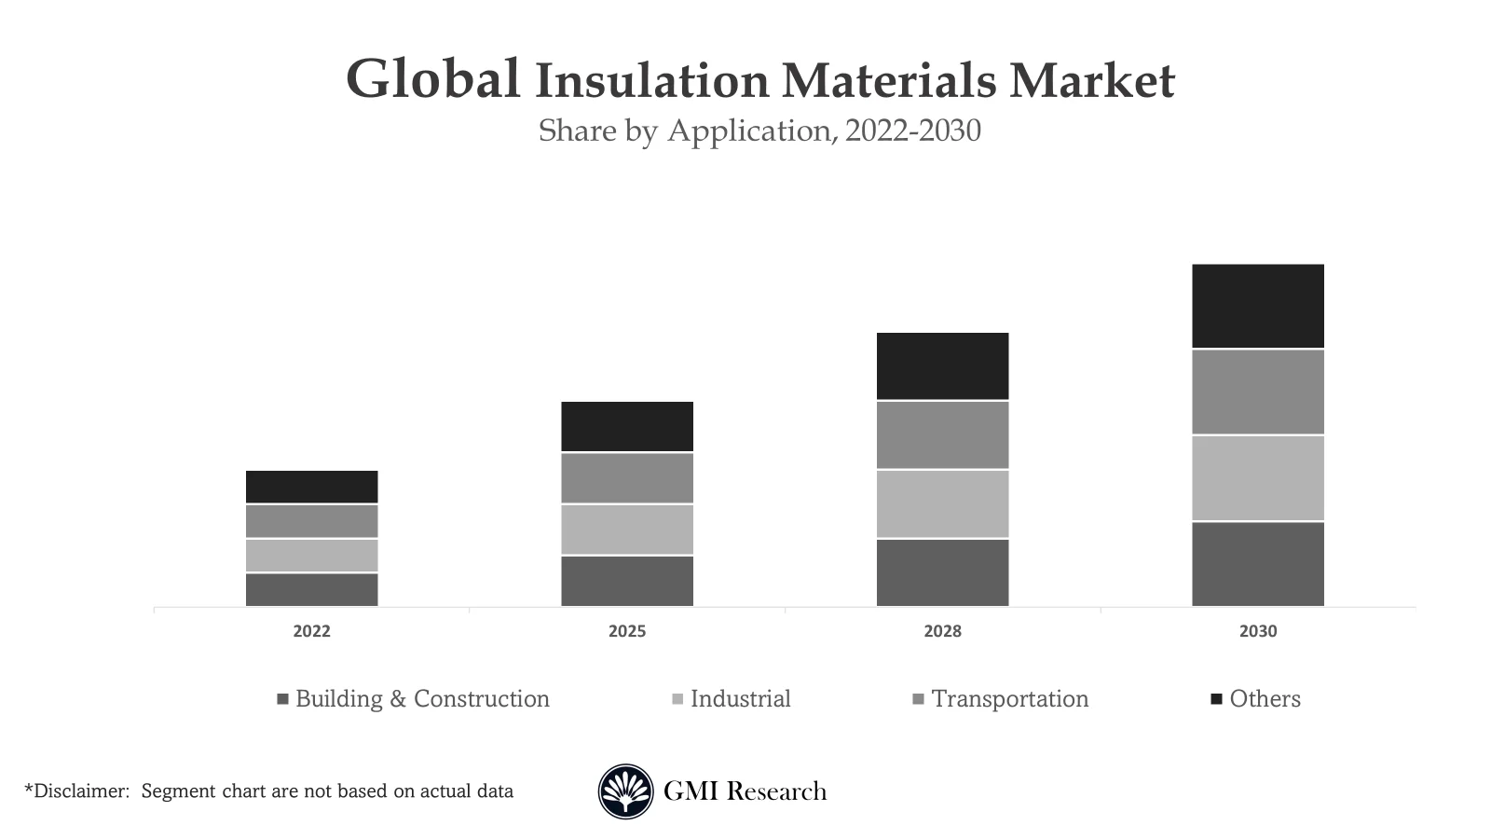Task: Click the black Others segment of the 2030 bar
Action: [1257, 306]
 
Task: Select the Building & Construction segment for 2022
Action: [311, 589]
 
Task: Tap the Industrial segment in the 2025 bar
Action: [626, 530]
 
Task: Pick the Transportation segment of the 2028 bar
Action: [942, 434]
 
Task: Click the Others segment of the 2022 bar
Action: [311, 487]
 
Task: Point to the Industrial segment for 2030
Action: [1257, 477]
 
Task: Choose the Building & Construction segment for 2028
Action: [942, 572]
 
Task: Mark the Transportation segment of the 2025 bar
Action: [626, 478]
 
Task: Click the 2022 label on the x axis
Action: [311, 631]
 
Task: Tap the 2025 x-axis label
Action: [626, 631]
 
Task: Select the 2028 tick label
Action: [942, 631]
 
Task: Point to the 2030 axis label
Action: [1257, 631]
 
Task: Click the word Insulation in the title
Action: [651, 80]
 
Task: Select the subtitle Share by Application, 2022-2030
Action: [759, 131]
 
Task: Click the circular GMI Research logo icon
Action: [625, 791]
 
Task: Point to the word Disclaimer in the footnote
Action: [79, 791]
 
